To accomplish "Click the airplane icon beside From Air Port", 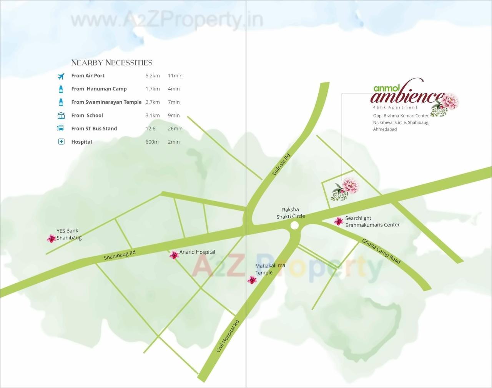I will tap(61, 76).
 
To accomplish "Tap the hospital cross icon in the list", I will tap(61, 142).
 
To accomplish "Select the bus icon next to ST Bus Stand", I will tap(61, 128).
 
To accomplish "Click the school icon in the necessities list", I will tap(61, 115).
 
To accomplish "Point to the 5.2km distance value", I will tap(153, 76).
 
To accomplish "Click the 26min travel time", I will tap(175, 129).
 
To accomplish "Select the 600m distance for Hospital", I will tap(152, 142).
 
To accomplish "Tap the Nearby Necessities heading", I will tap(112, 63).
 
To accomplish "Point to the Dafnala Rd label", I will tap(281, 164).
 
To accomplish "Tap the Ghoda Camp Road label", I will tap(381, 251).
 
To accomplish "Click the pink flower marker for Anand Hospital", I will tap(174, 255).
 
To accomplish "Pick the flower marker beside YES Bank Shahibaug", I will tap(51, 239).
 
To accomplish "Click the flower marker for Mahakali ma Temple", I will tap(252, 280).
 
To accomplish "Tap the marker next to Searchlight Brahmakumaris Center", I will tap(339, 221).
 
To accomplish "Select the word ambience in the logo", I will tap(407, 96).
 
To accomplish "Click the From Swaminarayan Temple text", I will tap(106, 102).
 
